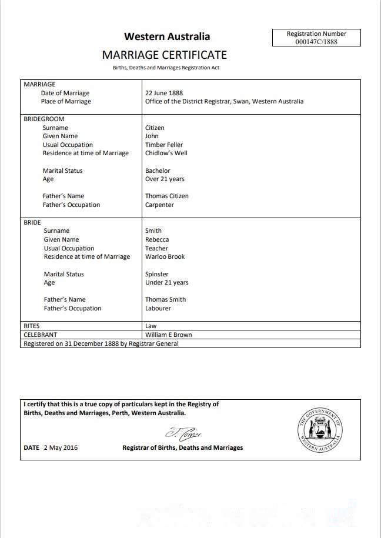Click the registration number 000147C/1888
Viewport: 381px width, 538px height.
316,41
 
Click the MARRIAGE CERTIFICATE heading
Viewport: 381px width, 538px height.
164,55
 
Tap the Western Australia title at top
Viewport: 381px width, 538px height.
167,36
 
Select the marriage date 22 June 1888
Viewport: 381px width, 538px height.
164,93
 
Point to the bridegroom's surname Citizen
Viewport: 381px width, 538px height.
155,128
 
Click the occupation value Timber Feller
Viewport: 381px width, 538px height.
164,145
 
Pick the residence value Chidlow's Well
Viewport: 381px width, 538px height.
166,153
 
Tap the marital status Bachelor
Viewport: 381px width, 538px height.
158,171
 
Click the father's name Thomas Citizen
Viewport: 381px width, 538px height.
167,196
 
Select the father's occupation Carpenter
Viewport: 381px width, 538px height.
160,205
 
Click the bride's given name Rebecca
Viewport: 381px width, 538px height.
157,239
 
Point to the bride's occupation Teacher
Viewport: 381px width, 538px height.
156,248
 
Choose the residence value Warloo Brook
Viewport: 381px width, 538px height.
165,256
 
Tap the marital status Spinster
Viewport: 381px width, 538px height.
157,274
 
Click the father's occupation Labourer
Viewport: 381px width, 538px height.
158,308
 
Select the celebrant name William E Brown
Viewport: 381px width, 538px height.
169,335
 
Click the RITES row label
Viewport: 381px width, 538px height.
32,325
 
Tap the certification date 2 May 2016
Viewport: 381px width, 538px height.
61,448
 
